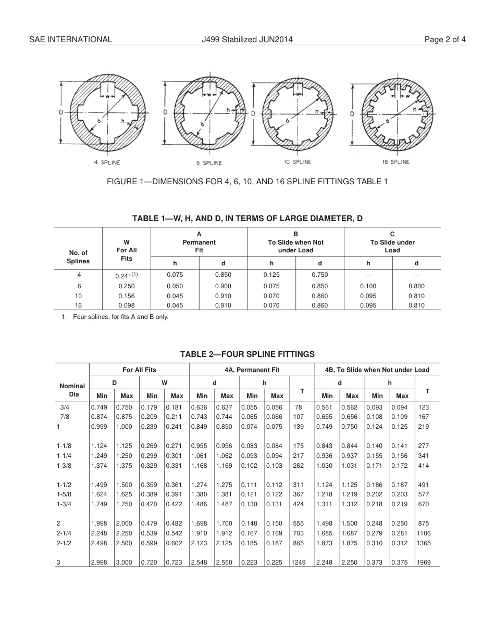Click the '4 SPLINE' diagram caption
point(107,162)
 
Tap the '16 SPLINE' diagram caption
point(396,162)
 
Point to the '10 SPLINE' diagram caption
point(298,162)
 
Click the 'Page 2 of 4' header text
point(445,40)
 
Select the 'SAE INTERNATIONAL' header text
point(70,40)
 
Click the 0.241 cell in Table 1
point(126,275)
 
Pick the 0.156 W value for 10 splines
point(126,296)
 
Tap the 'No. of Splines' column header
point(78,257)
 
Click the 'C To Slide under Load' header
point(392,242)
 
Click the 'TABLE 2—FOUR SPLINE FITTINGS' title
point(247,354)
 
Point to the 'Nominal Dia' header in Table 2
point(72,390)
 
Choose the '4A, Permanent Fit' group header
point(252,370)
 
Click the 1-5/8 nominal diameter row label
point(65,494)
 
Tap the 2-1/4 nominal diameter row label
point(65,533)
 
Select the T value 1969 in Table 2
point(424,562)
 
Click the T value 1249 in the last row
point(298,562)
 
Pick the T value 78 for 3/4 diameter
point(298,407)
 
